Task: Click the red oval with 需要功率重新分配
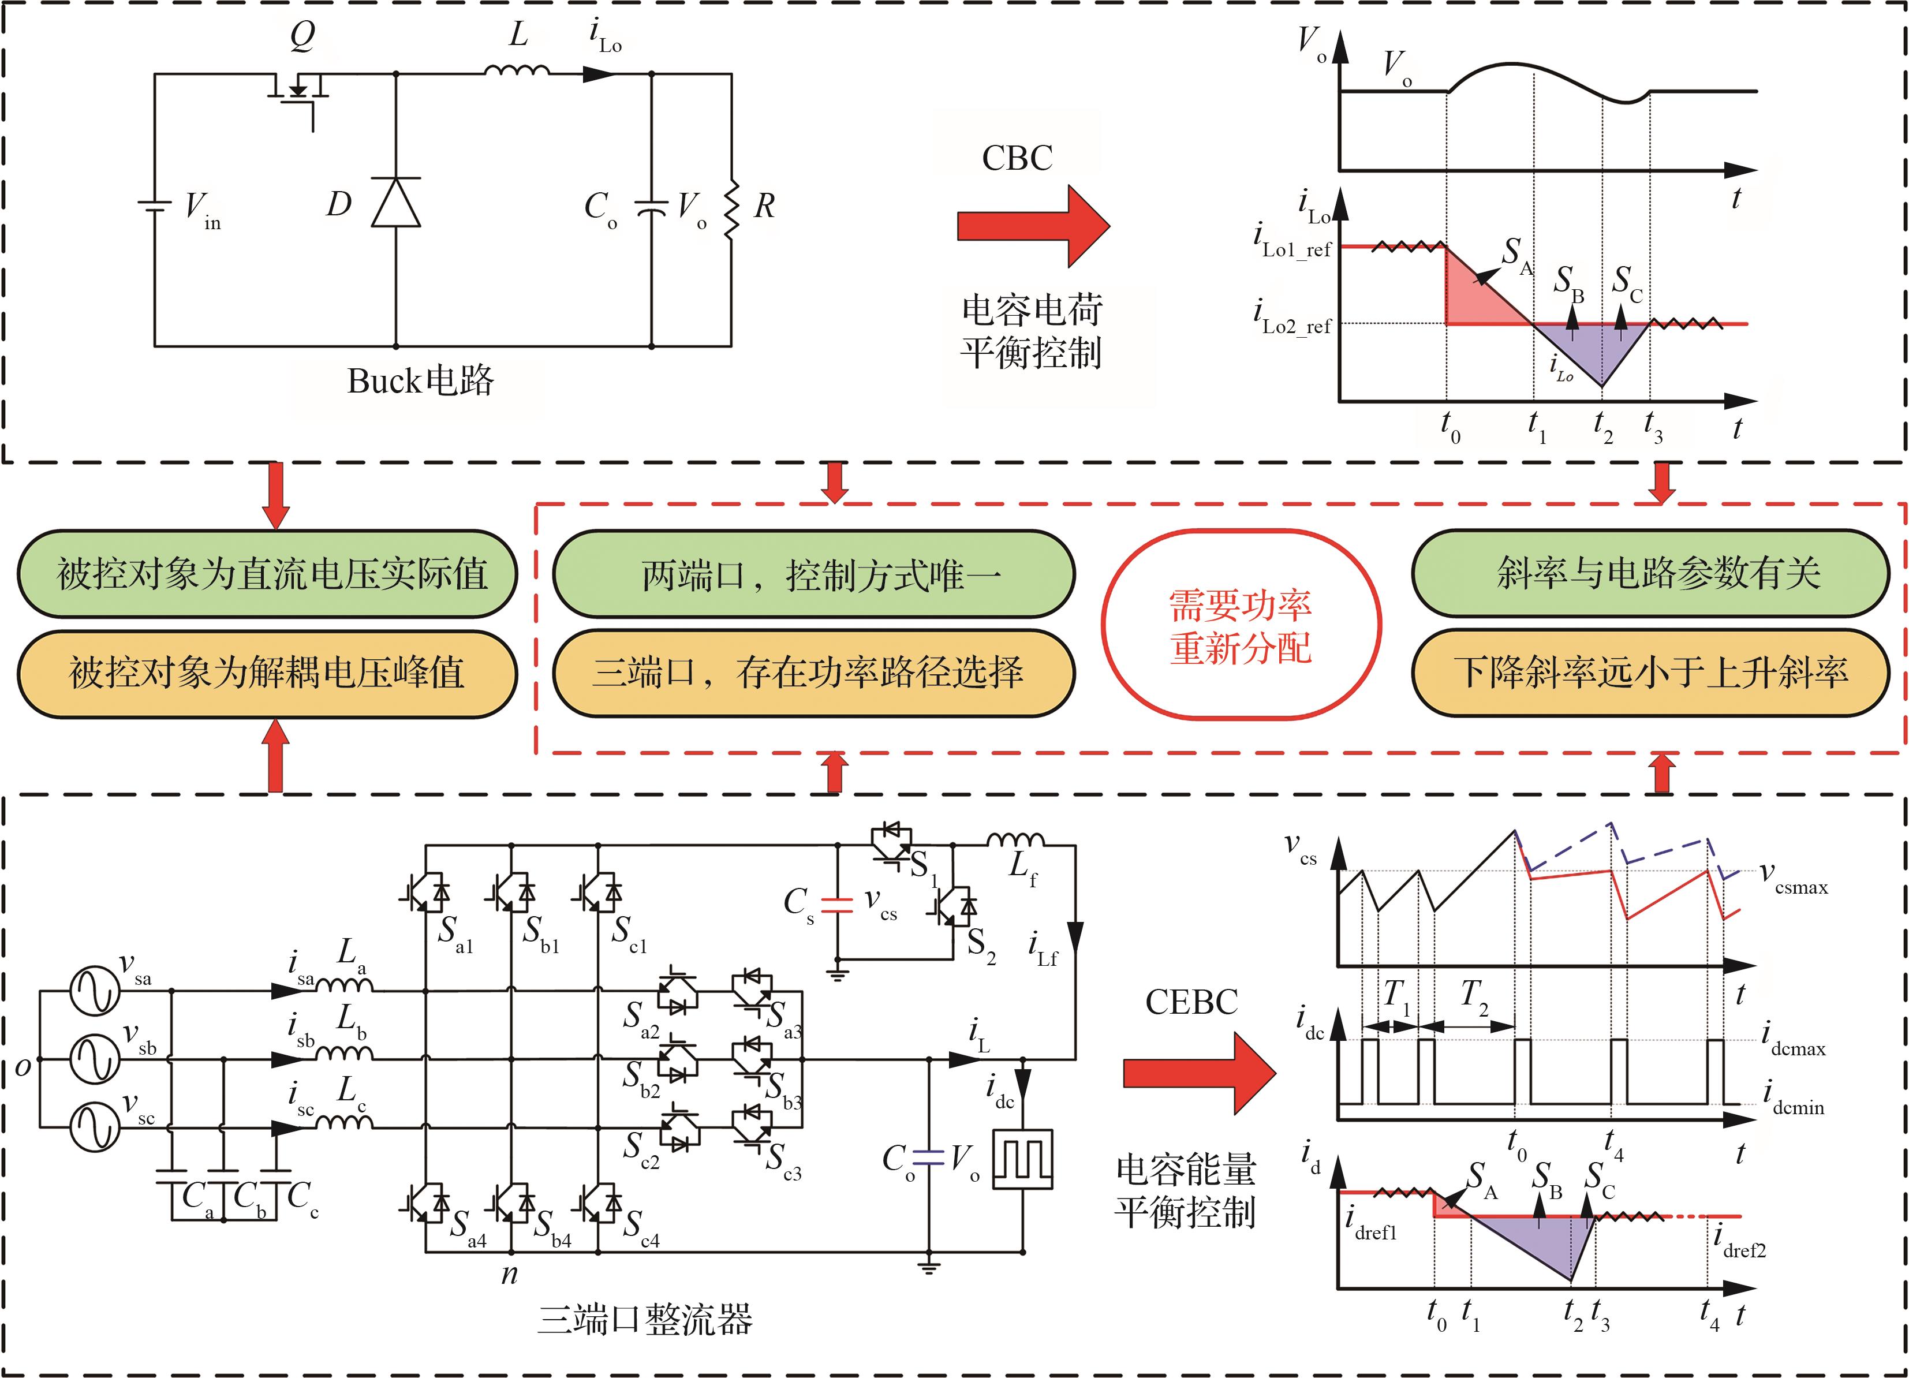[1241, 625]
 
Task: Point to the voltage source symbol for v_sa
[94, 990]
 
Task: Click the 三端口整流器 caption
[644, 1319]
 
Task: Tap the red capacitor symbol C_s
[836, 906]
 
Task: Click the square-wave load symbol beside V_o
[1023, 1159]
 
